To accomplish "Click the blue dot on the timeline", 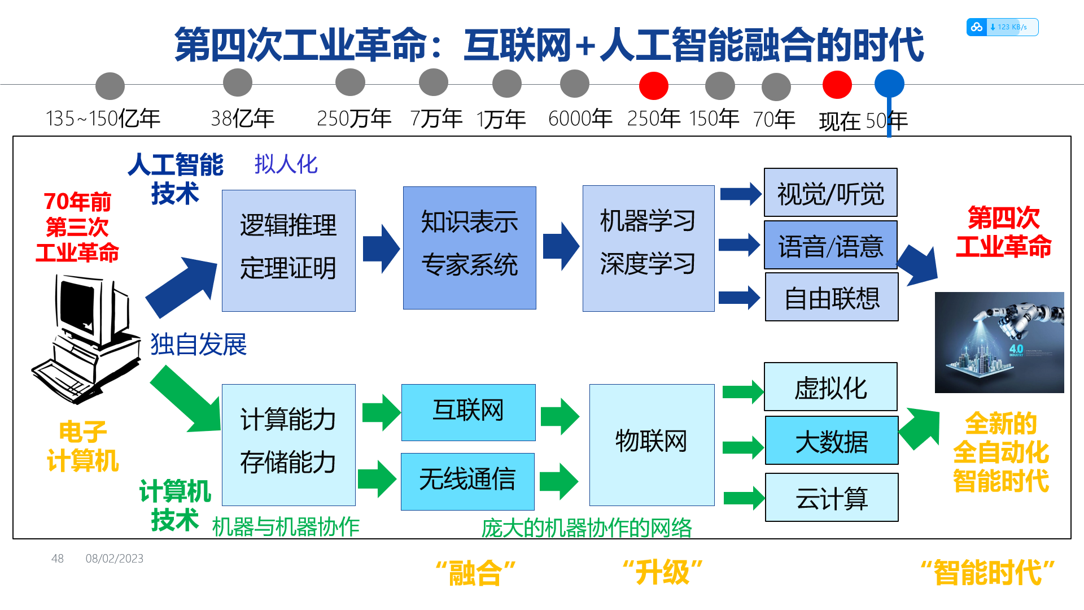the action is (889, 84).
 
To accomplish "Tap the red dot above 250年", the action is (654, 86).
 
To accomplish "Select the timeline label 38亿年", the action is (242, 119).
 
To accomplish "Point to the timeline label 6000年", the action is (580, 119).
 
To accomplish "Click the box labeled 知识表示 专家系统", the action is (470, 248).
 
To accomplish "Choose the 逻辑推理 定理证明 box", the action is (289, 251).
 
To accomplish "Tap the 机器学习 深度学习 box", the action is (649, 249).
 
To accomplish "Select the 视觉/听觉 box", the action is (831, 193).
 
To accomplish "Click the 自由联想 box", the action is (832, 297).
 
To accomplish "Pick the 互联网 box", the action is (469, 412).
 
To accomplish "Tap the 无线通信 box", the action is (467, 482).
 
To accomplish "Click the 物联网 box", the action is (652, 445).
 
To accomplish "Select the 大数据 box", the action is (832, 441).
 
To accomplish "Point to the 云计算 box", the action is (832, 498).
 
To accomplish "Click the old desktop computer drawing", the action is (86, 339).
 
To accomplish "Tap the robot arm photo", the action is (999, 342).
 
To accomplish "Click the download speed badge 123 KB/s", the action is (1002, 27).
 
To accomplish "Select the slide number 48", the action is (58, 559).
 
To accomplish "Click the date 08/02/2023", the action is (115, 559).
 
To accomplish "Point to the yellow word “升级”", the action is (663, 573).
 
